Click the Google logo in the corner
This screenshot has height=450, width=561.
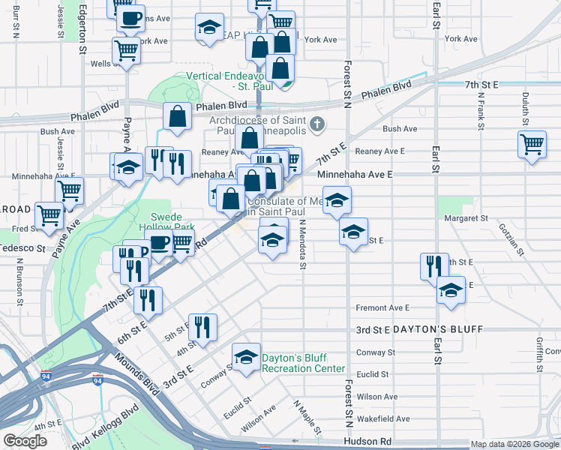pyautogui.click(x=26, y=441)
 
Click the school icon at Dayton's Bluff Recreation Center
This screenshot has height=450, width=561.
pyautogui.click(x=245, y=358)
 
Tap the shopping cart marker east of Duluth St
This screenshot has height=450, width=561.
pyautogui.click(x=532, y=144)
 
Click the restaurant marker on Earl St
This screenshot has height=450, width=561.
pyautogui.click(x=434, y=265)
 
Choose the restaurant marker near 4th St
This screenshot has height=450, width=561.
pyautogui.click(x=202, y=326)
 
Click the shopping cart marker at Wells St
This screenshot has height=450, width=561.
pyautogui.click(x=126, y=52)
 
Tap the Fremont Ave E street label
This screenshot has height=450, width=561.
pyautogui.click(x=382, y=307)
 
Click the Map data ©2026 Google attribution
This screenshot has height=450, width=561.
pyautogui.click(x=514, y=444)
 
